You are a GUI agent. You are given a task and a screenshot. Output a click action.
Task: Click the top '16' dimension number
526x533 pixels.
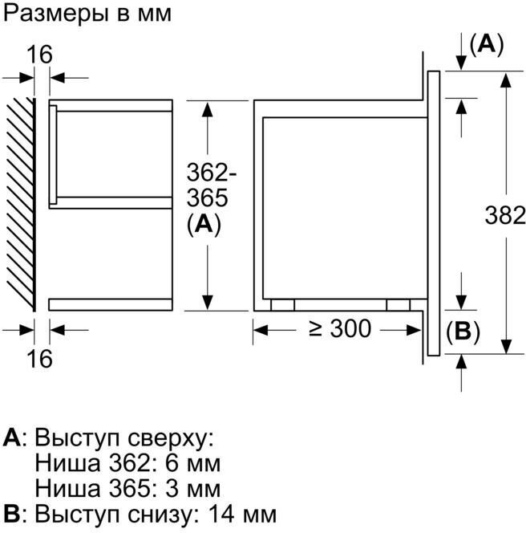click(x=38, y=55)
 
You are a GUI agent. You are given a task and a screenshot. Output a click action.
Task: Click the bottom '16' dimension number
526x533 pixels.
click(x=38, y=357)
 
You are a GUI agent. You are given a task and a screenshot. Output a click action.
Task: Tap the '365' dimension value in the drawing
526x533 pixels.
click(x=207, y=198)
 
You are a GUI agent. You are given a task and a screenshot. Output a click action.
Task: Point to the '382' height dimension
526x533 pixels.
click(x=505, y=214)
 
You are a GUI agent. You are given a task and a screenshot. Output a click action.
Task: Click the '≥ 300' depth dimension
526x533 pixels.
click(x=340, y=328)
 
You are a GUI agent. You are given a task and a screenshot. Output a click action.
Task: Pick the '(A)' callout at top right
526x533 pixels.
click(x=485, y=46)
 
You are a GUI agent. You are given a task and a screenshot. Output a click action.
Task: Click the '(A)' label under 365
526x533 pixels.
click(x=204, y=225)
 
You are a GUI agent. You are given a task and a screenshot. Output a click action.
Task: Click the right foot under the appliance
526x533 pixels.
click(x=398, y=305)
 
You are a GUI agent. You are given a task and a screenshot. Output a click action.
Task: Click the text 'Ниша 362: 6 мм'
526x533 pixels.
click(x=127, y=463)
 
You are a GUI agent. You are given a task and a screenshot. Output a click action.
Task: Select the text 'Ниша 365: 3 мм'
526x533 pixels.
click(x=127, y=488)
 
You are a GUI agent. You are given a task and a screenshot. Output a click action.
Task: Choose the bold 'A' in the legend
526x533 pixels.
click(x=11, y=438)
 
